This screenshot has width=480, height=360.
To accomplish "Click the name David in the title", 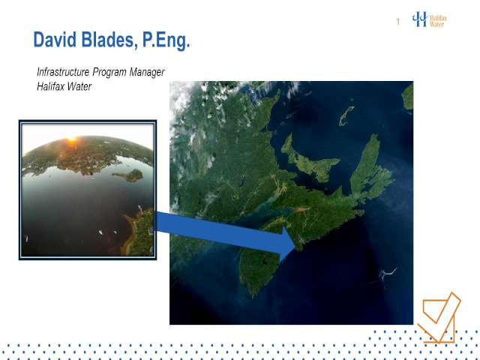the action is tap(55, 40).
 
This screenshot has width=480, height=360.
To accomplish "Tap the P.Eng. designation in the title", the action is tap(166, 40).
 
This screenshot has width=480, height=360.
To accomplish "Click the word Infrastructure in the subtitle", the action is tap(63, 72).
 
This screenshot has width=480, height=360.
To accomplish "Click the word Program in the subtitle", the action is tap(109, 73).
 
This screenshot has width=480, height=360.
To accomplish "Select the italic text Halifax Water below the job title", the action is tap(64, 87).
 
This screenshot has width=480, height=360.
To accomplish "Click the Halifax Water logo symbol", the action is tap(419, 19).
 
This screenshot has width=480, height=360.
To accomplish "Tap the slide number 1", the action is tap(398, 22).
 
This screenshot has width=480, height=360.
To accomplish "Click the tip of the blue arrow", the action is tap(295, 246).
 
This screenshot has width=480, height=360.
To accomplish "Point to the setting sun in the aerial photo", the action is tap(71, 140).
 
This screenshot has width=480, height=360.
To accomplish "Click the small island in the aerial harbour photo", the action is tap(130, 175).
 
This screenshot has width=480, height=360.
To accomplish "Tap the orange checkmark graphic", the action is tap(439, 317).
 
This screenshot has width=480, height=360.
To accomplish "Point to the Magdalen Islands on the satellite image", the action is tap(346, 115).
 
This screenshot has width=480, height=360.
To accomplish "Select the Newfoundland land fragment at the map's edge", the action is tap(408, 96).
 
